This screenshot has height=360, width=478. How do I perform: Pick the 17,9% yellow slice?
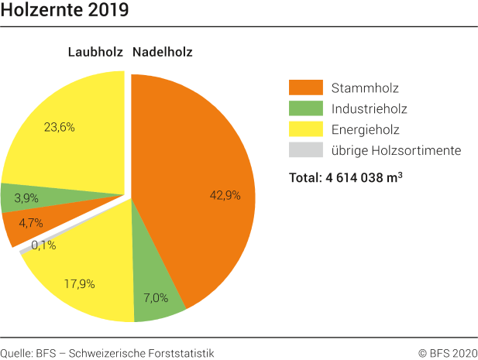click(x=81, y=283)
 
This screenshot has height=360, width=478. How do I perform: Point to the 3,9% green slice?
click(x=31, y=198)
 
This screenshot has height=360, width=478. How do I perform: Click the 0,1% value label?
click(x=43, y=245)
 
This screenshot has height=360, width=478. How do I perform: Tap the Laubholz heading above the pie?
click(x=95, y=53)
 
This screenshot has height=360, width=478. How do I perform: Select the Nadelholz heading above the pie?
click(x=162, y=53)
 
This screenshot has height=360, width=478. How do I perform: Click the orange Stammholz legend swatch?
click(x=304, y=87)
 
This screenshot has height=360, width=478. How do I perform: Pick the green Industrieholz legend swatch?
click(x=304, y=108)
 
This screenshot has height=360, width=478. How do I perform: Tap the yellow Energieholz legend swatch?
click(x=304, y=129)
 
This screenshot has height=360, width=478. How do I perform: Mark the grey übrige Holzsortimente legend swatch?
click(x=304, y=150)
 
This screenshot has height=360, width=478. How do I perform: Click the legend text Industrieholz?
click(x=368, y=108)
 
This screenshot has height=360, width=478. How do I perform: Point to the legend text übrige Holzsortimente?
click(x=396, y=150)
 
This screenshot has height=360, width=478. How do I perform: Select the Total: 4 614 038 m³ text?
click(x=346, y=177)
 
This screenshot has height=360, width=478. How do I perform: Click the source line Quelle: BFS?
click(x=107, y=352)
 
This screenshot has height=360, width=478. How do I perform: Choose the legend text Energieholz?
click(x=365, y=129)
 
